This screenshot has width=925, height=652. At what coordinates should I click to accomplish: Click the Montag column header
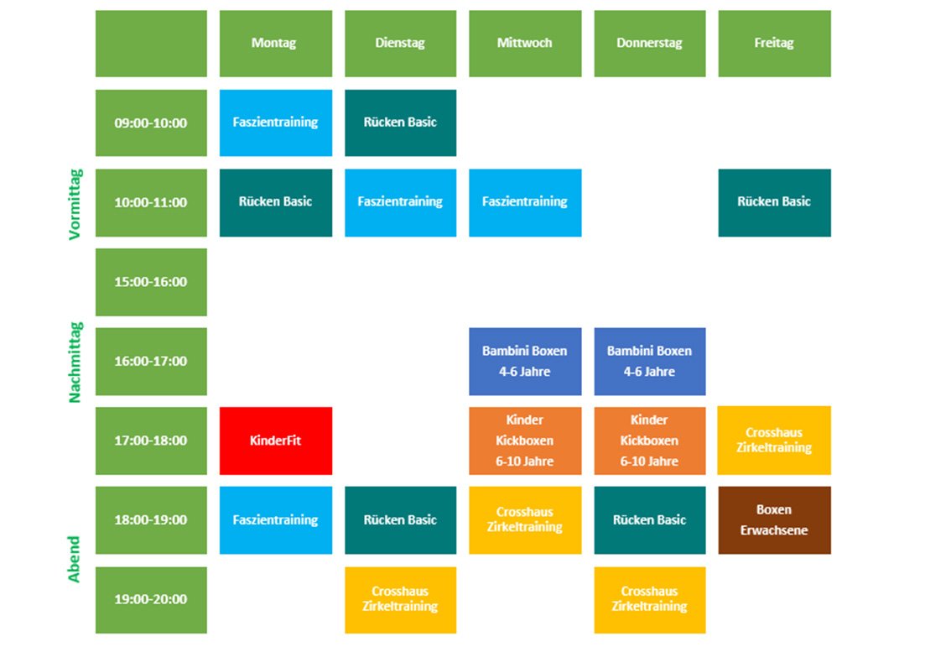pyautogui.click(x=276, y=43)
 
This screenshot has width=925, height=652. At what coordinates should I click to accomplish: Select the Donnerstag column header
pyautogui.click(x=649, y=43)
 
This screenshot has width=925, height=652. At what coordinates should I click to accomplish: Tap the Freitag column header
pyautogui.click(x=774, y=43)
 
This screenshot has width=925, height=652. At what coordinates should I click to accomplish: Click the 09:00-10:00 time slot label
pyautogui.click(x=151, y=123)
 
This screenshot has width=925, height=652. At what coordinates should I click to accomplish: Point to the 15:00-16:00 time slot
pyautogui.click(x=151, y=282)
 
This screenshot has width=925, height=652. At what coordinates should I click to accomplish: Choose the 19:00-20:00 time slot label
pyautogui.click(x=151, y=600)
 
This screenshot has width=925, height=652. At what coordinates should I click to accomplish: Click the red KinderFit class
pyautogui.click(x=276, y=441)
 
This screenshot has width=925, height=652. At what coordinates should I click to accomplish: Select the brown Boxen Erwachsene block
pyautogui.click(x=774, y=519)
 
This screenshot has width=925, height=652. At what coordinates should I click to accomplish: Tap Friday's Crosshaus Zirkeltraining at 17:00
pyautogui.click(x=774, y=441)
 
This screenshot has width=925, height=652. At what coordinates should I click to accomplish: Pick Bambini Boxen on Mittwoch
pyautogui.click(x=525, y=361)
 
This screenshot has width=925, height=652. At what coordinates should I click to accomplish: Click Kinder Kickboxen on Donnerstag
pyautogui.click(x=649, y=441)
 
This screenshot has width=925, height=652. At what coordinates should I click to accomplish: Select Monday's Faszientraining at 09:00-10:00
pyautogui.click(x=276, y=123)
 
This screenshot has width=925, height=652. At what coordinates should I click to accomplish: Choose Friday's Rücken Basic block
pyautogui.click(x=774, y=202)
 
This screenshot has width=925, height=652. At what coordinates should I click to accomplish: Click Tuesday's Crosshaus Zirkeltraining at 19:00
pyautogui.click(x=401, y=600)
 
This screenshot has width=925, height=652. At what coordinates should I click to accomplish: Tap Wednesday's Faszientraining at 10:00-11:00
pyautogui.click(x=525, y=202)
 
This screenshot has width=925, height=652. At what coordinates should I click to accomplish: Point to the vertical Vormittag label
pyautogui.click(x=75, y=204)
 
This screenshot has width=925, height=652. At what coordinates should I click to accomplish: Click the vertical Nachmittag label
pyautogui.click(x=75, y=363)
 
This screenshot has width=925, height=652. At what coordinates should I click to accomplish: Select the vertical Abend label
pyautogui.click(x=74, y=559)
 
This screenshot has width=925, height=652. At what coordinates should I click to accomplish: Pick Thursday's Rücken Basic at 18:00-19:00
pyautogui.click(x=649, y=519)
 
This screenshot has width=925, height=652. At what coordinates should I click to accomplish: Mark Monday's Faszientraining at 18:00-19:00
pyautogui.click(x=276, y=519)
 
